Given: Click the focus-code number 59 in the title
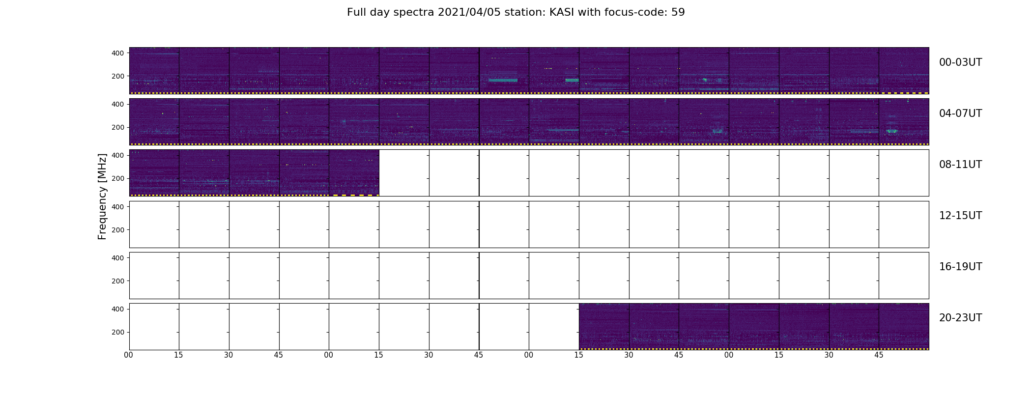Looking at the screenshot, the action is point(678,12).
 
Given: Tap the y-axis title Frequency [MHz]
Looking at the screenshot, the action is point(102,196).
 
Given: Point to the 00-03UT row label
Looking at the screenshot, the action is point(960,62).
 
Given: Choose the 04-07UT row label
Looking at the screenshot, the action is point(960,113).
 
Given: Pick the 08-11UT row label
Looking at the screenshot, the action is point(960,165).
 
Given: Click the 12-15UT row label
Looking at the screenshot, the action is point(960,216).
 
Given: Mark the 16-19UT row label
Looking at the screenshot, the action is point(960,267).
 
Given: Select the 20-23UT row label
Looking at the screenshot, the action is point(960,318).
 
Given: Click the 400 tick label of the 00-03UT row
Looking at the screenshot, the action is point(118,53).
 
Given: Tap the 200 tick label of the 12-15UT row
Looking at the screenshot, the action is point(118,230).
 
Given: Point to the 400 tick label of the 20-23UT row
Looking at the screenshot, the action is point(118,309).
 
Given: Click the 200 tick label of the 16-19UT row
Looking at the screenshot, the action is point(118,281).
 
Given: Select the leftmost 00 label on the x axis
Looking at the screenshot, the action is point(129,355).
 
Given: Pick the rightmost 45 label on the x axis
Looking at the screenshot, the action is point(879,355).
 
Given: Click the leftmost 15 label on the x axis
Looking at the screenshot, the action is point(178,355).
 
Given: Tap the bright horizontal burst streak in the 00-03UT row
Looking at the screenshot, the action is point(503,80).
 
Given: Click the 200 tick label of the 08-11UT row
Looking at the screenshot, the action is point(118,178).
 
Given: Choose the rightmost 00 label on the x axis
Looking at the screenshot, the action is point(729,355).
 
